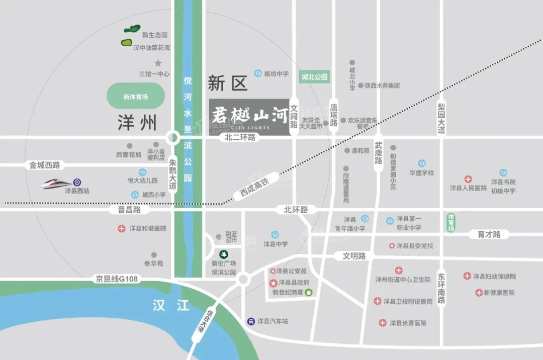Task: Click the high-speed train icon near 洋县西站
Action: [x=57, y=183]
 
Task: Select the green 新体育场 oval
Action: [x=136, y=97]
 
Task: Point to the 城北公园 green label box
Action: [x=314, y=77]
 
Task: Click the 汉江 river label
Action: [x=170, y=305]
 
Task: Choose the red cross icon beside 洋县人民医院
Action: [x=468, y=179]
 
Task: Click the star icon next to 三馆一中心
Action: [x=158, y=63]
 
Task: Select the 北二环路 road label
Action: [x=240, y=137]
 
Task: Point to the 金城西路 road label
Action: [x=45, y=164]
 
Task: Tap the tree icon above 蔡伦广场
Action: [x=223, y=253]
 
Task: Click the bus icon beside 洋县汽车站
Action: [x=250, y=321]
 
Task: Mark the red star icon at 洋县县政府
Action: [x=274, y=283]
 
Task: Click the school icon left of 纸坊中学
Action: [x=258, y=73]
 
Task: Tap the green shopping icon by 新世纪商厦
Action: [x=308, y=292]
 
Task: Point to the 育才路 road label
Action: [x=489, y=234]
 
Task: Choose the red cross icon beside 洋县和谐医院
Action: [x=121, y=228]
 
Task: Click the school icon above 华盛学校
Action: [x=421, y=163]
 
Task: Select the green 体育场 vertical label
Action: [x=450, y=222]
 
